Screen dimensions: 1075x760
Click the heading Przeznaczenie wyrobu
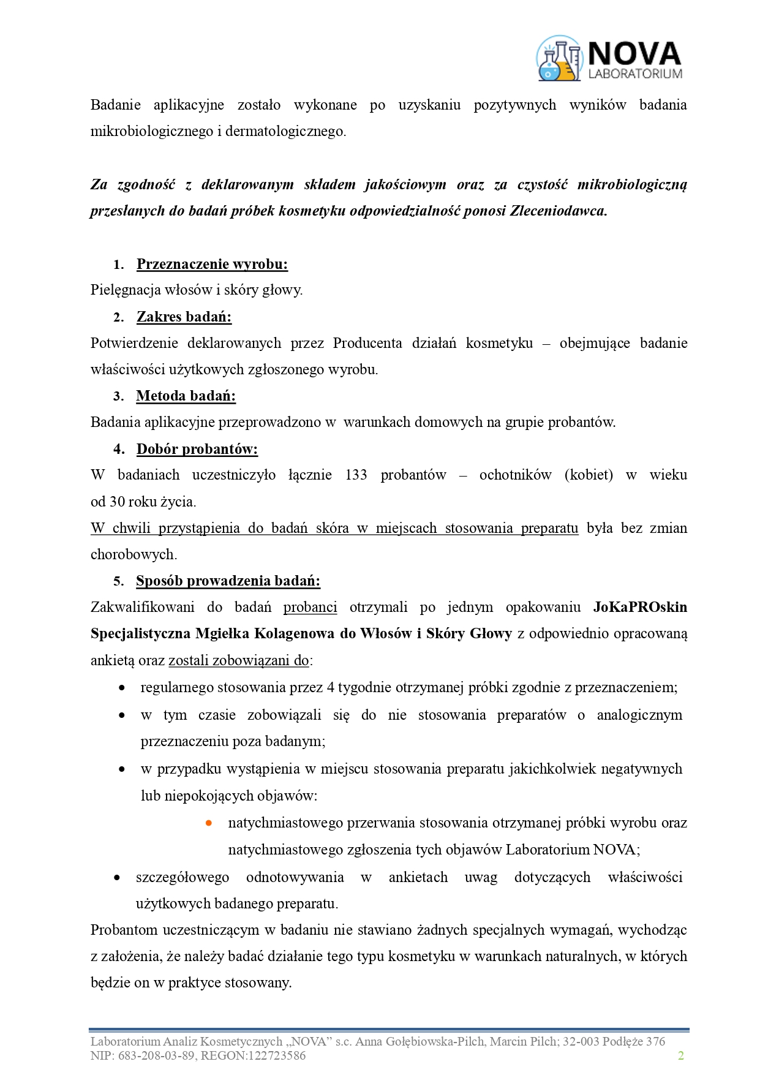pos(212,264)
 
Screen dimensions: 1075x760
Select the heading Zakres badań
pos(184,317)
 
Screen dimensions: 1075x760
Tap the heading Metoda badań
pos(186,396)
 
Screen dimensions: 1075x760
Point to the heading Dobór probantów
pos(197,449)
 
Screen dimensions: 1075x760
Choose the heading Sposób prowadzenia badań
pos(228,581)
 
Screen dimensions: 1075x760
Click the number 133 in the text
pos(356,475)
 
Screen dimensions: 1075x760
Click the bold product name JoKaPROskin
pos(640,607)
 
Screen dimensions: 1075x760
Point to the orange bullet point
pos(209,823)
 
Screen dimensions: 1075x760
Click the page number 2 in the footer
pos(680,1055)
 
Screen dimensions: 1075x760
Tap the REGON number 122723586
pos(276,1055)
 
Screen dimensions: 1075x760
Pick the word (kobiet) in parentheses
pos(589,475)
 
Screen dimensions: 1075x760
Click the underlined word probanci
pos(310,607)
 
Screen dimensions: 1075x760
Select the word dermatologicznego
pos(285,131)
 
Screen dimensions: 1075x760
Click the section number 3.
pos(118,396)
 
